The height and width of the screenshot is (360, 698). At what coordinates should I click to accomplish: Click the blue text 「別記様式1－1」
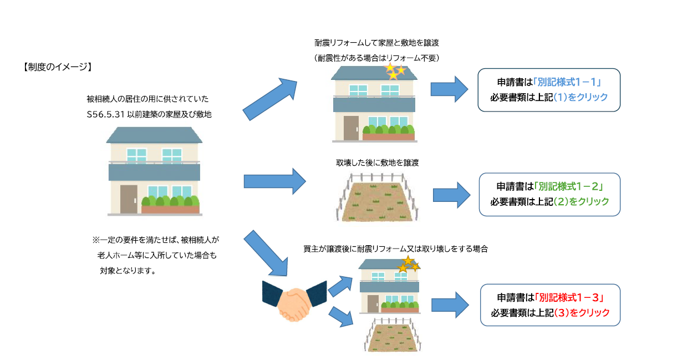567,82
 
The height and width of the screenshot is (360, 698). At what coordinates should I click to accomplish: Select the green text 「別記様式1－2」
568,187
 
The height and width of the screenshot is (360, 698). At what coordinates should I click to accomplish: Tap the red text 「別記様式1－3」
568,298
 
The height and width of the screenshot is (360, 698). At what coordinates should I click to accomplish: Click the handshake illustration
294,300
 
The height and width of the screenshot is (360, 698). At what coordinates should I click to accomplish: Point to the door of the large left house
129,199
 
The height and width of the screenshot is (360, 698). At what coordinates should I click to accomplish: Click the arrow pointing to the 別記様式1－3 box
451,305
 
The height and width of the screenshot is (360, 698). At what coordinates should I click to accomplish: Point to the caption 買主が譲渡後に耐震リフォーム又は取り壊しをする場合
395,249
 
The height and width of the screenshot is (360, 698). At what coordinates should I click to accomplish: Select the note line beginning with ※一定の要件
156,240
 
